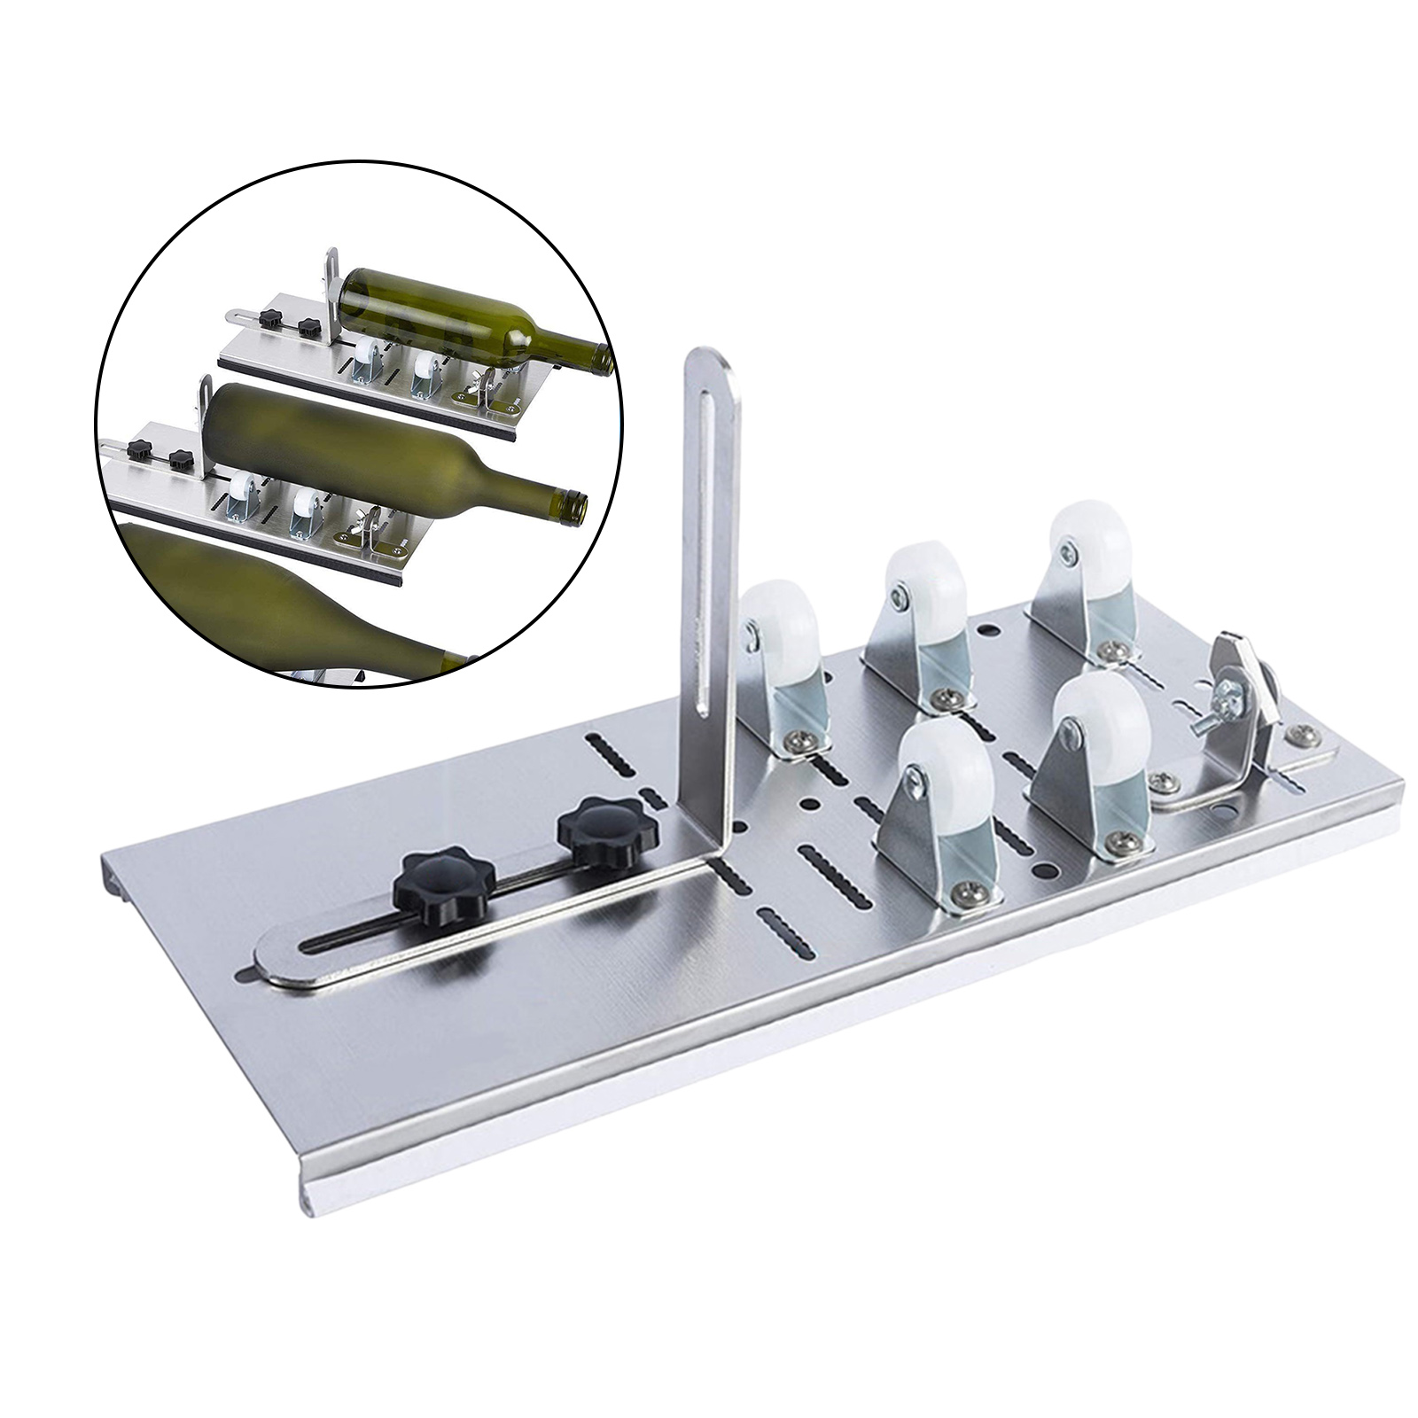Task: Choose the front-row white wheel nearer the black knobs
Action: point(947,780)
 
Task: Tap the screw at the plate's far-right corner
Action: point(1301,733)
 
